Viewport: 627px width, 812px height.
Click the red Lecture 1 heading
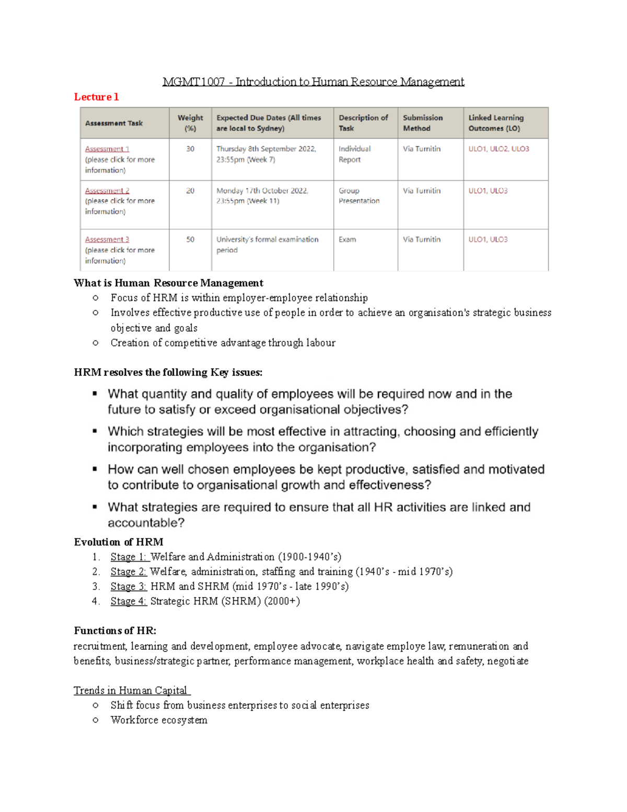click(x=96, y=97)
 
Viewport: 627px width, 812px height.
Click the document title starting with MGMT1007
click(x=313, y=82)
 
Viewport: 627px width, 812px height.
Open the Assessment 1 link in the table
click(x=107, y=149)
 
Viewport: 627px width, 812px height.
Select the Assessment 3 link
click(x=107, y=239)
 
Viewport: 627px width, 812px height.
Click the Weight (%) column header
click(x=190, y=123)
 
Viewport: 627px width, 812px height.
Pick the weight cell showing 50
click(x=190, y=239)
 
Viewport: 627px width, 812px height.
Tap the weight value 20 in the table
click(x=190, y=191)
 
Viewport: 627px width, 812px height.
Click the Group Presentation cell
click(x=359, y=196)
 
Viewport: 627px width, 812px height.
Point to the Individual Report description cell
click(x=354, y=154)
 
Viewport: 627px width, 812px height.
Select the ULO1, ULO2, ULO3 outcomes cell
click(x=498, y=149)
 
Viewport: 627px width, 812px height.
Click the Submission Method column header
click(x=423, y=123)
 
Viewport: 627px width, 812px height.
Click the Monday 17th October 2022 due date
click(x=262, y=191)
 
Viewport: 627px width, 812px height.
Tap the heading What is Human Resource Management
click(x=168, y=283)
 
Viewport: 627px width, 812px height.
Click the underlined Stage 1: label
click(x=129, y=557)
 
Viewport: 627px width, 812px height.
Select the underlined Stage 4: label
click(x=129, y=601)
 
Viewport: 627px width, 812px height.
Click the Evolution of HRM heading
click(x=119, y=542)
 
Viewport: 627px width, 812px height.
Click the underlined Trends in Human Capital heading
click(x=131, y=690)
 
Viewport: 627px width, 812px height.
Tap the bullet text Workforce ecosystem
click(x=159, y=720)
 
